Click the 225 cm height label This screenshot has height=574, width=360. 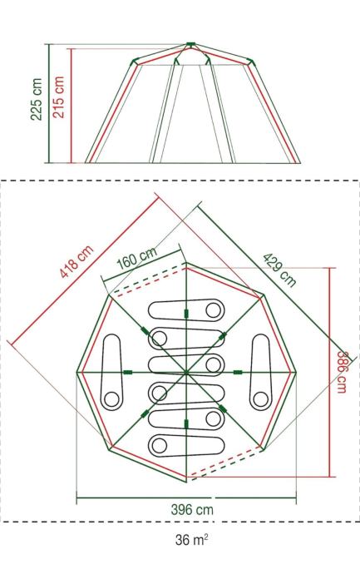(x=37, y=99)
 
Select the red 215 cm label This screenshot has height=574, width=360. (x=58, y=97)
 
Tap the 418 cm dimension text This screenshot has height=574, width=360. (x=76, y=261)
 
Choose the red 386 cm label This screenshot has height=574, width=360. (x=342, y=372)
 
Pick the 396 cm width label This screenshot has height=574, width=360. (x=192, y=510)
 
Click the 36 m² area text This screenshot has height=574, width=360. (x=192, y=540)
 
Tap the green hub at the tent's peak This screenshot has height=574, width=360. (x=190, y=45)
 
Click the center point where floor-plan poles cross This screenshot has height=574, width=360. (x=186, y=373)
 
